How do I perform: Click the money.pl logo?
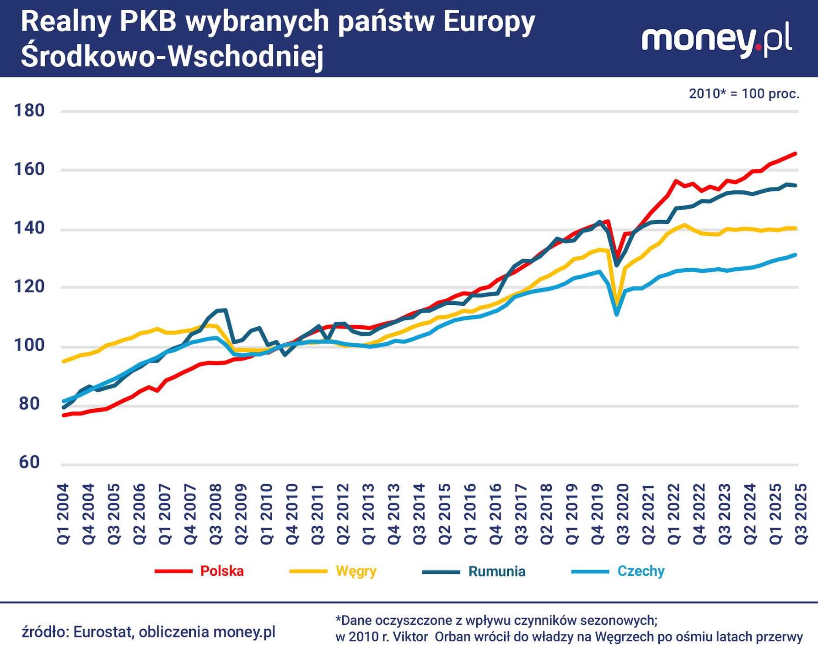tap(717, 40)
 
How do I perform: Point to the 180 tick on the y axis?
tap(29, 111)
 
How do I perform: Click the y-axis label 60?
tap(29, 463)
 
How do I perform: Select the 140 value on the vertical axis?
tap(29, 228)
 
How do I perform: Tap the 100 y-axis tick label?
tap(29, 346)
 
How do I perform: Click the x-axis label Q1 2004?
tap(63, 513)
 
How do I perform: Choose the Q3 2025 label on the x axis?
tap(801, 513)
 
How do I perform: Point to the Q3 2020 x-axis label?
tap(623, 513)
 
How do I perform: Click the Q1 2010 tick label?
tap(267, 513)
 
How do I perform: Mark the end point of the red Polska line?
tap(796, 154)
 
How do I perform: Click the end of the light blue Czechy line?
tap(796, 255)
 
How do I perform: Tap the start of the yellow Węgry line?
tap(63, 362)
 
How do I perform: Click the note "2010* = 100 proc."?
tap(744, 94)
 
